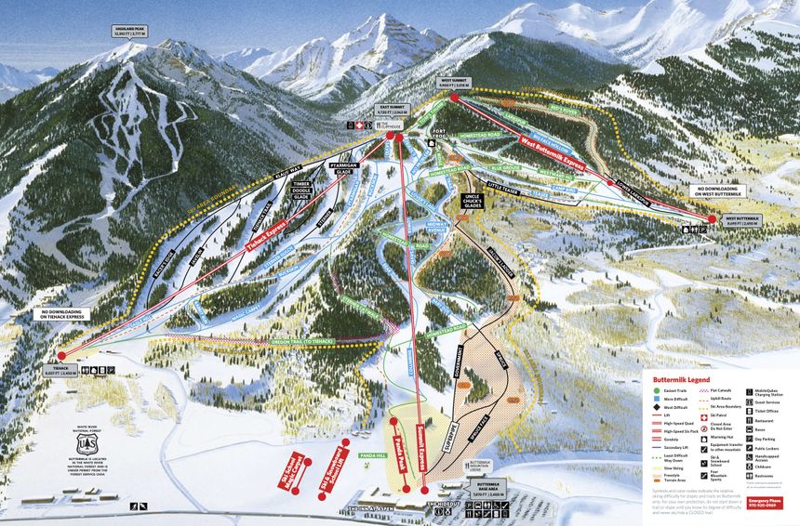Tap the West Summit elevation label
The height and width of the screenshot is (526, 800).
click(453, 83)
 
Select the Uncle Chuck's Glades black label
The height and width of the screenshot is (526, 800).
click(473, 203)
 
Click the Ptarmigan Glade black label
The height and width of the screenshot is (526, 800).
click(319, 171)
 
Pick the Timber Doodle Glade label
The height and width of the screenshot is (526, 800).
click(300, 191)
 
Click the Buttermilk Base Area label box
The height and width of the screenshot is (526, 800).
click(481, 490)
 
